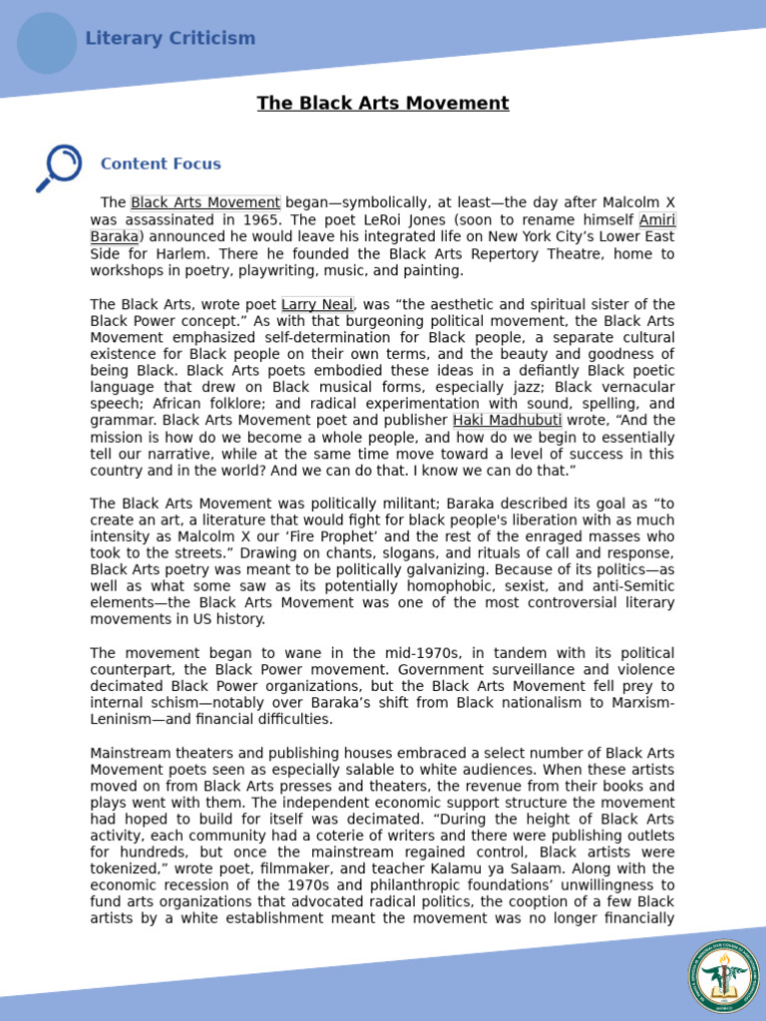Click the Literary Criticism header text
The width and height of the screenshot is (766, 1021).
click(170, 39)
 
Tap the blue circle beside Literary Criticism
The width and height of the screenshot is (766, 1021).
click(47, 43)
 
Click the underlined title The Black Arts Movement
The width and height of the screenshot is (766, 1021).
click(383, 104)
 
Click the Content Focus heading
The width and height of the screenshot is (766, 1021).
click(161, 165)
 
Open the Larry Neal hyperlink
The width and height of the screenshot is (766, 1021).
click(317, 305)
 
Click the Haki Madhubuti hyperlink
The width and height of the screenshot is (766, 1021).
click(507, 421)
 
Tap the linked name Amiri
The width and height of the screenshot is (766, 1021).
click(656, 220)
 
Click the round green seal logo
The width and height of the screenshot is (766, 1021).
click(723, 976)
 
